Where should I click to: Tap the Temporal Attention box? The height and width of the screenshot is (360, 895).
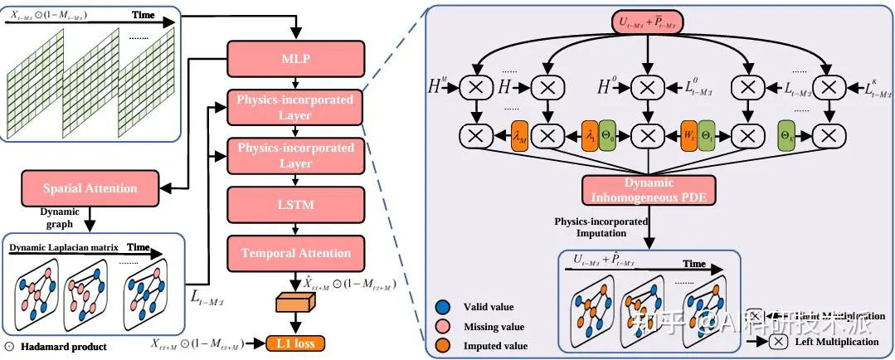click(x=295, y=252)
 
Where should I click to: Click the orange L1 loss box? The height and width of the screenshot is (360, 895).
click(x=295, y=342)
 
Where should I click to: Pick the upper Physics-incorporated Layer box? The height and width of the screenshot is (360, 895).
click(x=295, y=107)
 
